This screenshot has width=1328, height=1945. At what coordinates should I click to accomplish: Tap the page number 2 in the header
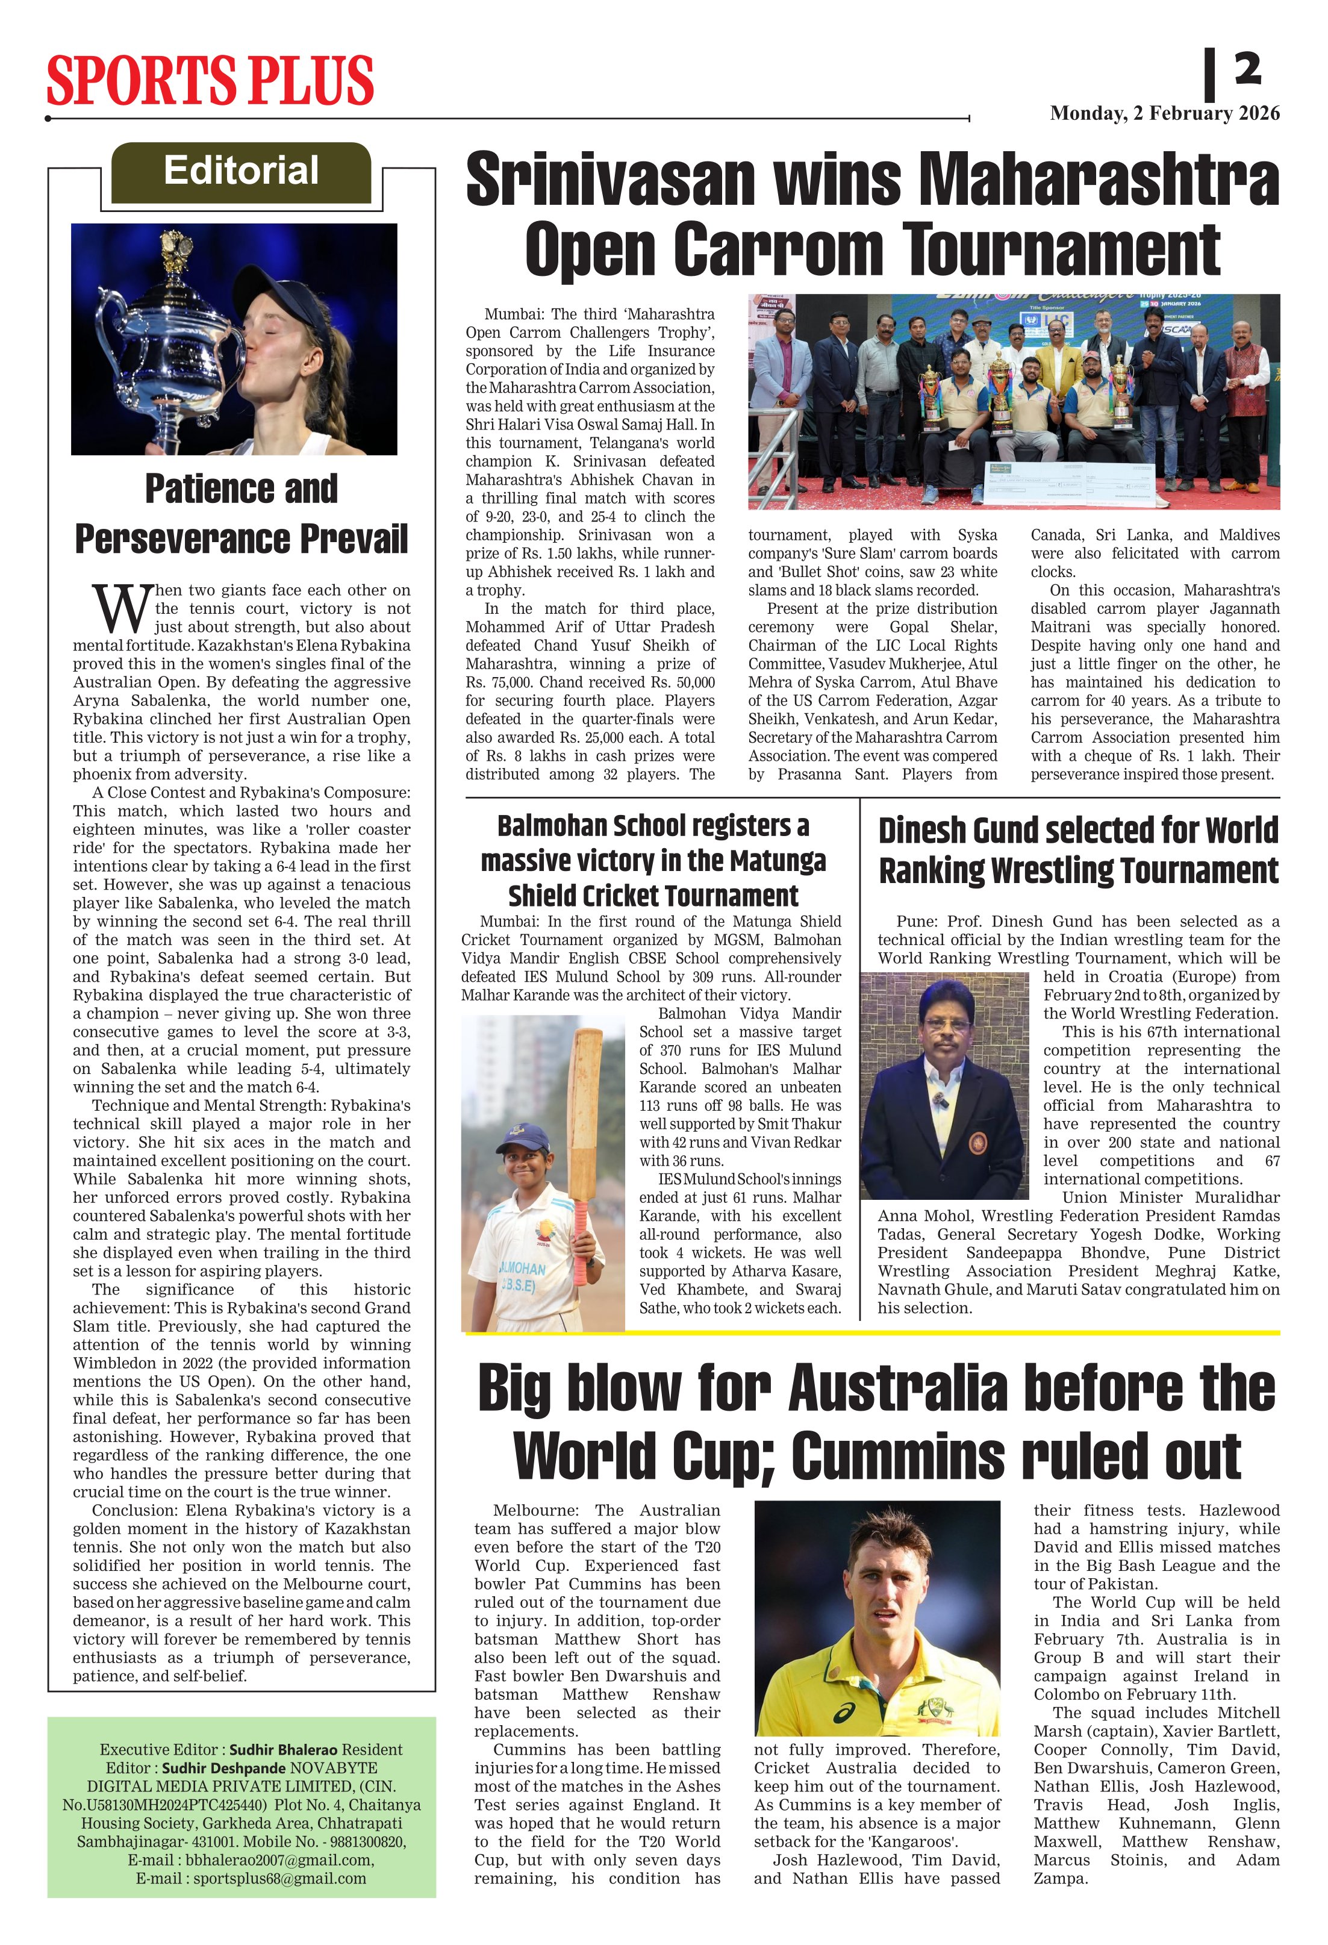1247,69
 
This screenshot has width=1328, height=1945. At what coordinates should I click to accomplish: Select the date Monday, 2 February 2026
1164,113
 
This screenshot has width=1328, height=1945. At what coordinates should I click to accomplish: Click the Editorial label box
241,172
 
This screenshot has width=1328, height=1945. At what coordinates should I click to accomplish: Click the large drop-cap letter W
121,609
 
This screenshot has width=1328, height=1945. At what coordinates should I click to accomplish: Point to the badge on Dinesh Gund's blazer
976,1141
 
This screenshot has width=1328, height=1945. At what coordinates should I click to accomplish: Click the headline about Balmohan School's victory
653,860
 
